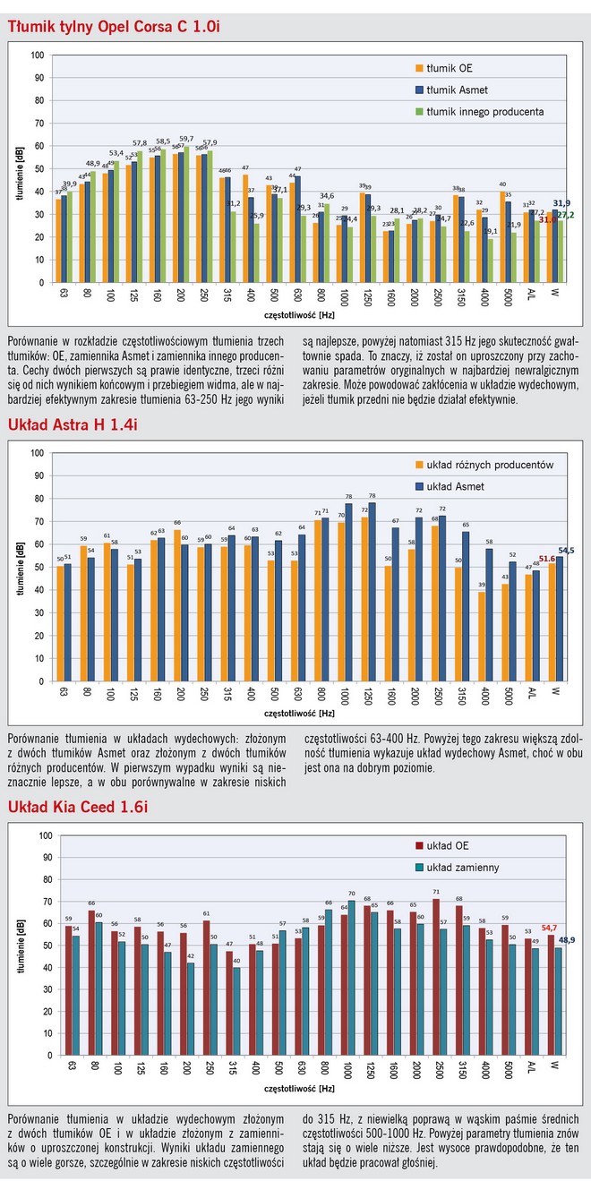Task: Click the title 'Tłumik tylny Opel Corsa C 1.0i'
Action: (114, 27)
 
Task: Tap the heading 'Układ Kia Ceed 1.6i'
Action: (78, 808)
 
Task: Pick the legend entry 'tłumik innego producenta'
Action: (485, 112)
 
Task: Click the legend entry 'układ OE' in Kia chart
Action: (453, 845)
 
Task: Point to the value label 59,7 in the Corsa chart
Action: (187, 139)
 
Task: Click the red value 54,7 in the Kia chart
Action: (549, 928)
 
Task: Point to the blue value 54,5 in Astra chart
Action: (566, 551)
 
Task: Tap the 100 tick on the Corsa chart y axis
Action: (37, 55)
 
